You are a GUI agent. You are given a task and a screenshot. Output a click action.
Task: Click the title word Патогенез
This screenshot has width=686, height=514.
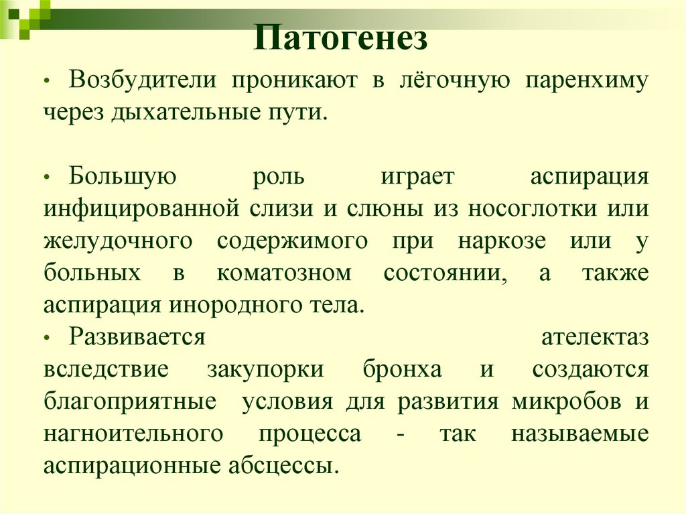point(340,39)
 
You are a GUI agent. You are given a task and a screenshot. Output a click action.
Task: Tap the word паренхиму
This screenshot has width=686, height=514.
point(587,81)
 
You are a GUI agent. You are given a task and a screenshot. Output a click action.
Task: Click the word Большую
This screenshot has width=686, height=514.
point(123,177)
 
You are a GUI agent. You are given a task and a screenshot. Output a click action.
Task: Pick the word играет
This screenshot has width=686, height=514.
point(418,178)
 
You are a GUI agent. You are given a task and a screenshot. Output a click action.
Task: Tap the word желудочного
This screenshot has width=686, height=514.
point(119,241)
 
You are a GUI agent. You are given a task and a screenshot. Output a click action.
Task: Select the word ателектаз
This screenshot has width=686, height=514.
point(594,337)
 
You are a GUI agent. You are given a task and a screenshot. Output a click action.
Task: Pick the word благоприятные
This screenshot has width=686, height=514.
point(130,401)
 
